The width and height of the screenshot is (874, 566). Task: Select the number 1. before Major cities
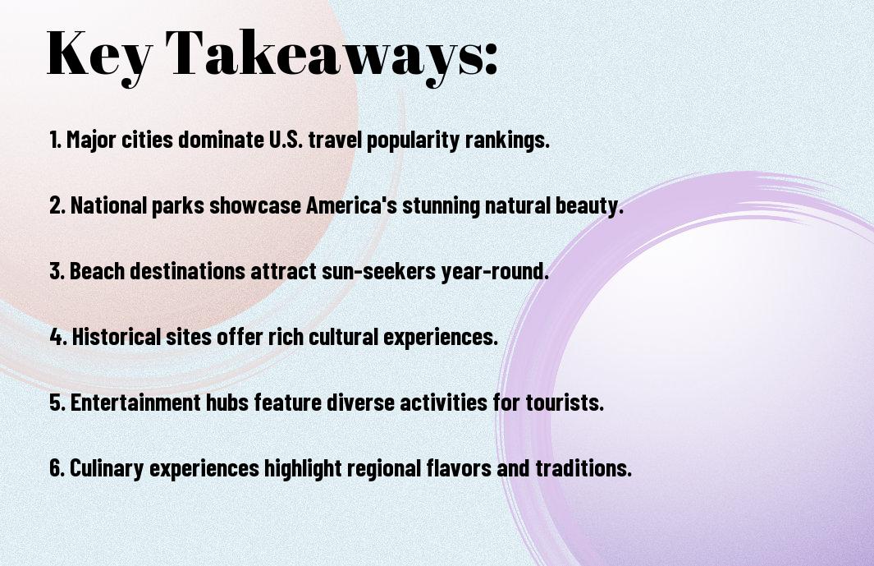click(x=55, y=140)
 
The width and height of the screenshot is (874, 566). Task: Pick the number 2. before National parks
click(x=57, y=206)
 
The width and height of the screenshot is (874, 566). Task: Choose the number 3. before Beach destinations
click(x=57, y=272)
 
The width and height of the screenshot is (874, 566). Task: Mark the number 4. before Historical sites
click(x=58, y=337)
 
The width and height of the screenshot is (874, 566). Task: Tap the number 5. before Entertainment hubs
click(x=57, y=403)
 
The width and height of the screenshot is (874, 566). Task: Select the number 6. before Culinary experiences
click(x=57, y=468)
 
